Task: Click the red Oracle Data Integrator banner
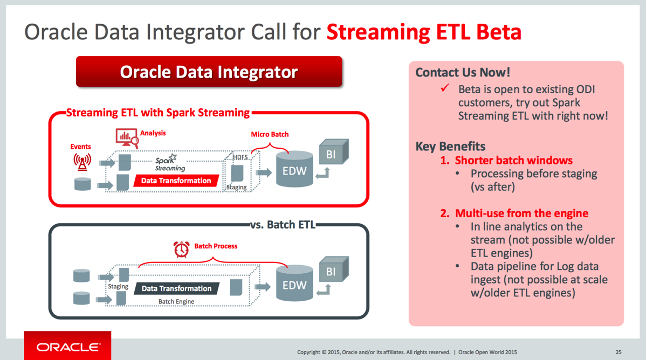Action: click(x=209, y=72)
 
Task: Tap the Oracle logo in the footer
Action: click(x=67, y=347)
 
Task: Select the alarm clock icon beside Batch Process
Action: click(x=181, y=249)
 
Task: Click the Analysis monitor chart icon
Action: click(x=127, y=138)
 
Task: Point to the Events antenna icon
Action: click(x=83, y=162)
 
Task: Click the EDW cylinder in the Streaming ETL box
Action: click(x=294, y=169)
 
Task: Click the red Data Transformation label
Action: click(x=176, y=181)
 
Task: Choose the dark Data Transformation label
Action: click(x=176, y=288)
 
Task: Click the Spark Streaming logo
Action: click(x=170, y=163)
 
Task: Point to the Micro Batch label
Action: click(x=270, y=134)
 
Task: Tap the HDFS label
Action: click(x=240, y=157)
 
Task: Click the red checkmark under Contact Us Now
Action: click(x=445, y=88)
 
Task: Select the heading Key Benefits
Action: click(x=450, y=146)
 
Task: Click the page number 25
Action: click(x=618, y=352)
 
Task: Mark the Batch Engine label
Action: click(x=176, y=301)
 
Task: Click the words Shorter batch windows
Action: click(x=514, y=160)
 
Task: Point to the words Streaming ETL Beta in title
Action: click(x=424, y=32)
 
